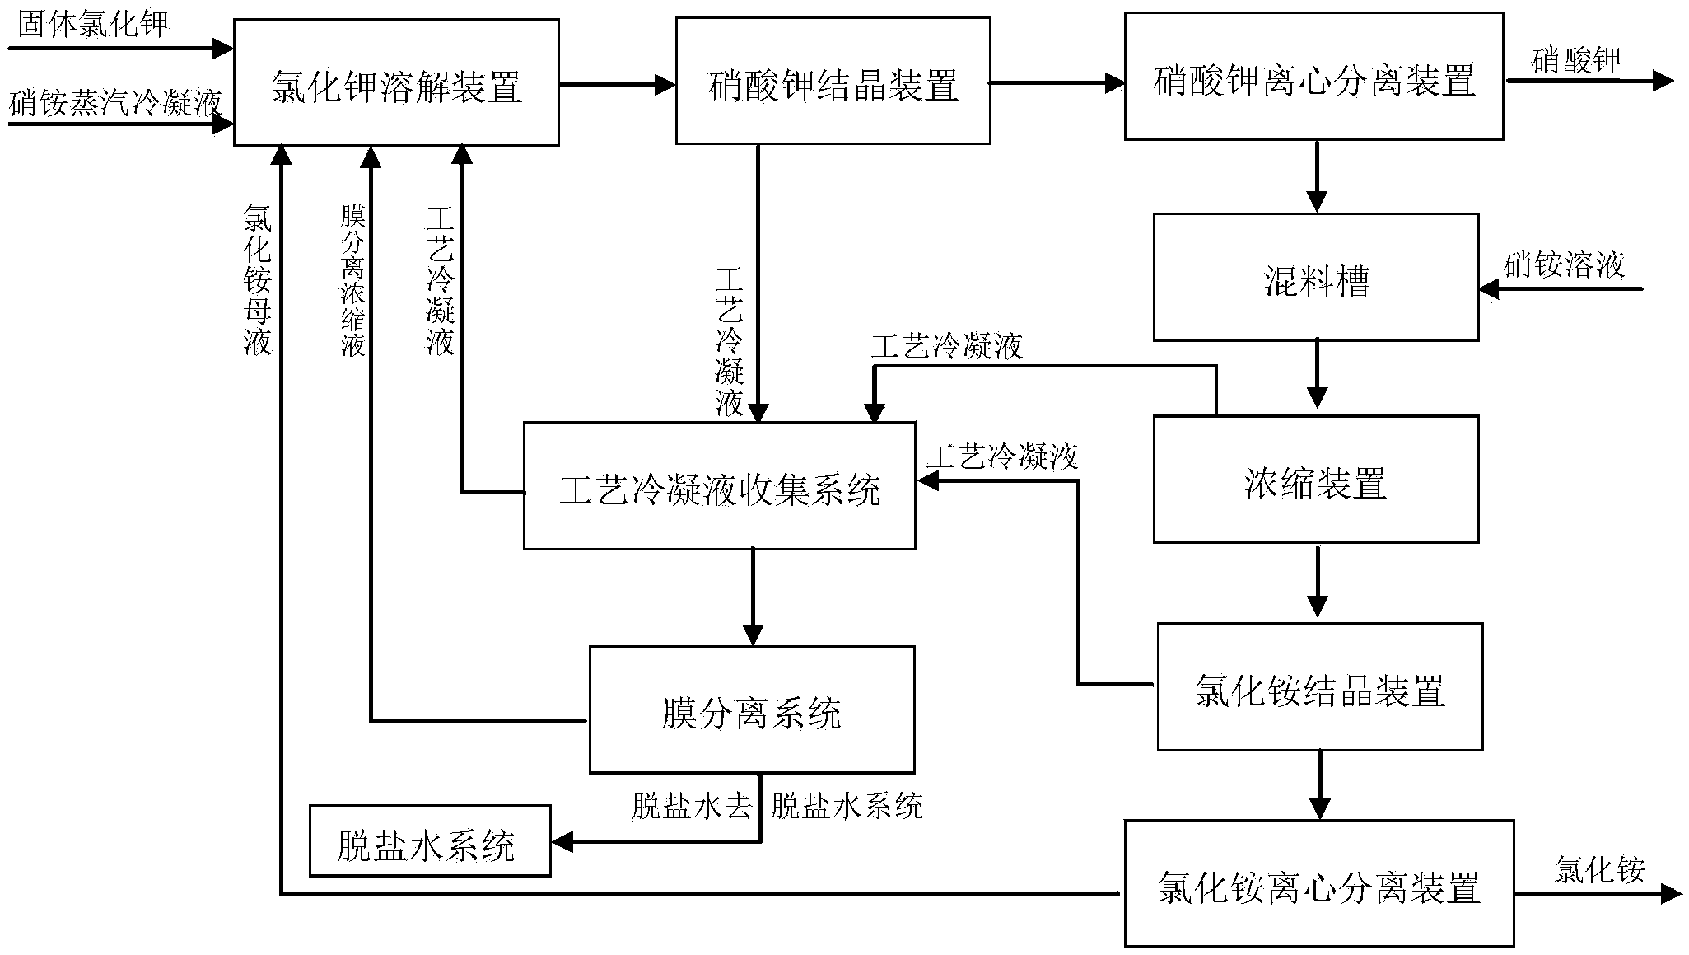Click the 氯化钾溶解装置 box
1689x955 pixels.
point(396,82)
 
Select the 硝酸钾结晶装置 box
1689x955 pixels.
point(833,81)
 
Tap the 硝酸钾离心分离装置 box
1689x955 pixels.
point(1313,76)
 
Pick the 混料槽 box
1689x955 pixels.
point(1315,277)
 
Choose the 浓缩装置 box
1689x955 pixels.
point(1315,479)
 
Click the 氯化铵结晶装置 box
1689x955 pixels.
point(1319,686)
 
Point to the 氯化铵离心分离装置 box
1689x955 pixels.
point(1319,883)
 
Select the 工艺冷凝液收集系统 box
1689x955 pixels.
point(719,485)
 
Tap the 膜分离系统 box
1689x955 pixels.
point(751,709)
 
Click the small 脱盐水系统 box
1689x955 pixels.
point(430,841)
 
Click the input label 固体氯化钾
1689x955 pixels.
point(92,24)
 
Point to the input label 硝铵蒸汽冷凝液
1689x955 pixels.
point(116,104)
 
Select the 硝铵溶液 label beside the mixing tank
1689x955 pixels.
point(1564,265)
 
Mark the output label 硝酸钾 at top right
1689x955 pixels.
point(1575,60)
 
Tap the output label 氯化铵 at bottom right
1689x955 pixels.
point(1599,870)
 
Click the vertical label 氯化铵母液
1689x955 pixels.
point(258,279)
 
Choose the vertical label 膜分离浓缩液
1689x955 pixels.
point(353,280)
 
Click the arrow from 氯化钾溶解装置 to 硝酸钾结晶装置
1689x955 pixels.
point(617,83)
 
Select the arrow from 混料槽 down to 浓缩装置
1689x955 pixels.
point(1318,372)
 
